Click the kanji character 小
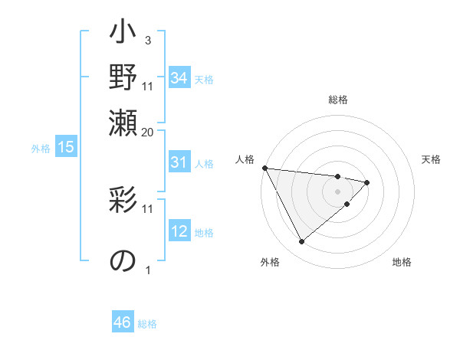click(x=123, y=34)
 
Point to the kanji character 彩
click(x=123, y=202)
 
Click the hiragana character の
click(x=123, y=260)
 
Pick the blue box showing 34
click(x=179, y=78)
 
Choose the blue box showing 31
click(x=179, y=162)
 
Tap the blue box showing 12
click(x=179, y=231)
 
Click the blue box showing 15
click(x=66, y=147)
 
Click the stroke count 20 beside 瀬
click(x=148, y=132)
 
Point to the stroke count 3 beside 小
click(x=147, y=39)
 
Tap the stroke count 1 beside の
click(x=147, y=269)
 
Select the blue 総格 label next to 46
click(x=147, y=324)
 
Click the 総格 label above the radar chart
click(x=338, y=100)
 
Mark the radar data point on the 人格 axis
click(x=264, y=168)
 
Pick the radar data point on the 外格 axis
click(x=301, y=242)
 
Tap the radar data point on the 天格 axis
click(x=367, y=182)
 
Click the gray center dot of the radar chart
click(x=337, y=191)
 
